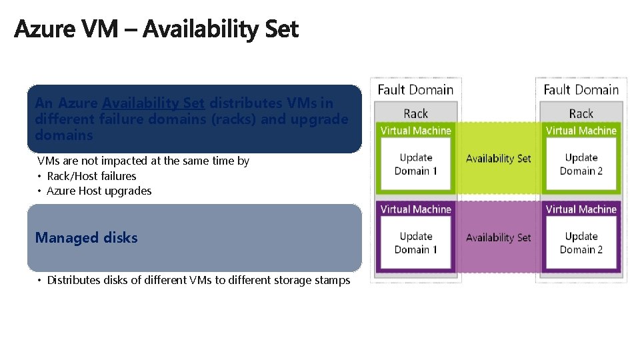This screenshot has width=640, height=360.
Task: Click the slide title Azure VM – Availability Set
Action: (x=156, y=29)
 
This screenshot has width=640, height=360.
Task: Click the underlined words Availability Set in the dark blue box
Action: (x=153, y=103)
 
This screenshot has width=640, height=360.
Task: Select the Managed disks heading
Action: (x=86, y=238)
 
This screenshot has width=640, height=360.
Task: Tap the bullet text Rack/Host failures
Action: (x=91, y=176)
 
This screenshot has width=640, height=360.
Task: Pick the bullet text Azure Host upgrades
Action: (x=99, y=191)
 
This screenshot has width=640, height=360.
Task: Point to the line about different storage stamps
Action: (x=198, y=280)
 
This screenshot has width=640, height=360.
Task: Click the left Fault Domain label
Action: (x=415, y=89)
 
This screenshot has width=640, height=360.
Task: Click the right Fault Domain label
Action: (x=581, y=89)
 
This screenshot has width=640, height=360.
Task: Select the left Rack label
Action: (x=415, y=113)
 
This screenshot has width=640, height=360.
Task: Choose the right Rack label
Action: (x=581, y=113)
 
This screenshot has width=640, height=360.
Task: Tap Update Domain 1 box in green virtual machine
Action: (x=415, y=164)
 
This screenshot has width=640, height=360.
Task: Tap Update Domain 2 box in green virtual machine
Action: (x=581, y=164)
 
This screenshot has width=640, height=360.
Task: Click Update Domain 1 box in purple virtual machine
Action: (x=415, y=243)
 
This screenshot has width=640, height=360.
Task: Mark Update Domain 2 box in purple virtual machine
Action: (x=581, y=243)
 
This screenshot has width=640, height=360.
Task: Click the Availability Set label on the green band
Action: (x=498, y=159)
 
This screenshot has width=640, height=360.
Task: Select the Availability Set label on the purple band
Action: (x=498, y=237)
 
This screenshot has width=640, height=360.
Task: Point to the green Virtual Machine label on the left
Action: (x=415, y=131)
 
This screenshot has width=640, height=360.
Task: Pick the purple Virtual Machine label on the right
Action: (x=581, y=209)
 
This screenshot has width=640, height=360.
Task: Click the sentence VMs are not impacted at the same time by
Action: (x=143, y=161)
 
